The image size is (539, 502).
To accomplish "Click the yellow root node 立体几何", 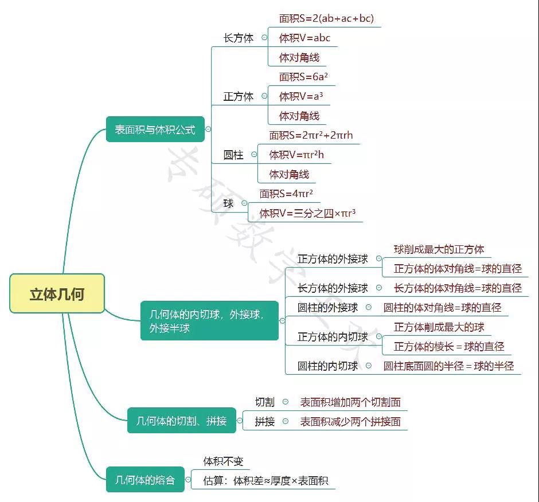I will point(57,294).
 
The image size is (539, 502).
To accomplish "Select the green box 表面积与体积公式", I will point(155,130).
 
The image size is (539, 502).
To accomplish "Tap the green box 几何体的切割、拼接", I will point(181,421).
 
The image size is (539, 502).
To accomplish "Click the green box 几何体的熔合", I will point(145,480).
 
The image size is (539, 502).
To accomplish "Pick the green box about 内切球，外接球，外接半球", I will point(209,321).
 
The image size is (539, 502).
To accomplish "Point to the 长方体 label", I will point(238,38).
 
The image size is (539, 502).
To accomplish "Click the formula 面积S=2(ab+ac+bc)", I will point(326,18).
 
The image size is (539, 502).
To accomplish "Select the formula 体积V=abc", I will point(304,38).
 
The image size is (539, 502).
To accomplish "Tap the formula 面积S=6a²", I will point(303,77).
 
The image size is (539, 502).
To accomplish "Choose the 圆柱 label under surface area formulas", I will point(233,155).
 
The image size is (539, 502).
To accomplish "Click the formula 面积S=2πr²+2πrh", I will point(311,135).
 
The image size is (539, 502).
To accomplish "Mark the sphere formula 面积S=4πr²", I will point(286,194).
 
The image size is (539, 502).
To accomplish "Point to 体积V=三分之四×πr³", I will point(307,213).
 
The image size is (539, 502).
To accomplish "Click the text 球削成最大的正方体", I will point(439,249).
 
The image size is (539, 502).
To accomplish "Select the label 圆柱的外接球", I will point(327,308).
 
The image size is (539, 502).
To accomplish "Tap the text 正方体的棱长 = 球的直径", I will point(449,347).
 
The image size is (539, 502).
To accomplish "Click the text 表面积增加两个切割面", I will point(350,402).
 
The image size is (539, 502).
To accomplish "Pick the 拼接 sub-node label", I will point(265,422).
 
